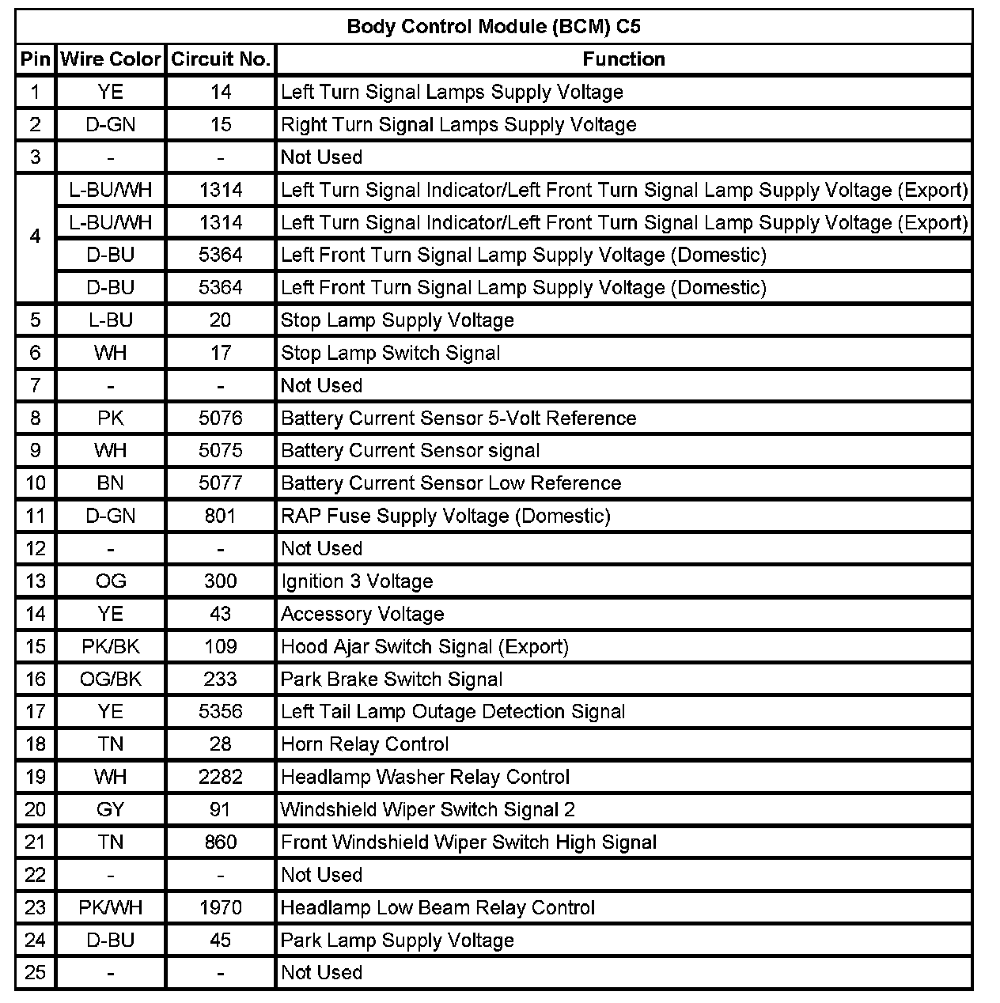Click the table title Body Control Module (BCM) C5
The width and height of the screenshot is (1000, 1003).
click(x=494, y=27)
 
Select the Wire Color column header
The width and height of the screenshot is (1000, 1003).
click(x=111, y=59)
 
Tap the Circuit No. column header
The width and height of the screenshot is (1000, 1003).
click(x=221, y=59)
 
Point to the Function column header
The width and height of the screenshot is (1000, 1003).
click(x=623, y=59)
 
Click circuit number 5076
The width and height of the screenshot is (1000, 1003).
click(x=221, y=418)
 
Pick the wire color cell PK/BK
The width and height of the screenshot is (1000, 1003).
click(x=111, y=647)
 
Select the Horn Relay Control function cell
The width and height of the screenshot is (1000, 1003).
click(x=365, y=744)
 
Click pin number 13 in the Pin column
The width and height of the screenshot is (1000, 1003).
click(x=36, y=581)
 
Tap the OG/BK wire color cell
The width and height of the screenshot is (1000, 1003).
click(x=111, y=679)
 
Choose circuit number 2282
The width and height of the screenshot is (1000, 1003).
click(x=221, y=778)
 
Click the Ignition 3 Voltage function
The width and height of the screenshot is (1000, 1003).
click(x=357, y=581)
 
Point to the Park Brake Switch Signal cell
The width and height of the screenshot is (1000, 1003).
click(x=392, y=679)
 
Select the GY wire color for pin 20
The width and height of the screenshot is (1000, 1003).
click(x=111, y=810)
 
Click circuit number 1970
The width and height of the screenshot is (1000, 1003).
click(x=221, y=908)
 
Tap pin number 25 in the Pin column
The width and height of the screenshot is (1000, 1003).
click(x=36, y=973)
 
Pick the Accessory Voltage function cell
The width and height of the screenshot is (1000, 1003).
click(x=362, y=615)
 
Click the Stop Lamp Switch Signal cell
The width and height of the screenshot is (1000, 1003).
click(x=390, y=353)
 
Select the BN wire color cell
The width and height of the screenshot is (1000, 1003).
click(x=111, y=483)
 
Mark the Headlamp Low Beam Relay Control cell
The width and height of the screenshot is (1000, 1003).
click(x=437, y=908)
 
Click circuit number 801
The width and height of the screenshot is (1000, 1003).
click(x=221, y=517)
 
